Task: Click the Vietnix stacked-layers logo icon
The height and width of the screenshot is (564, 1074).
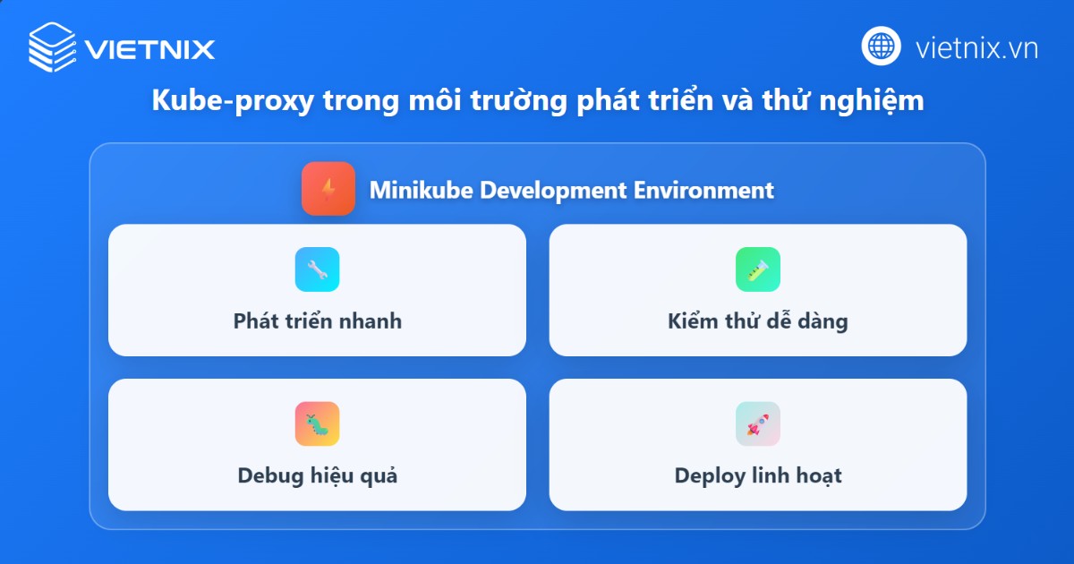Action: click(53, 47)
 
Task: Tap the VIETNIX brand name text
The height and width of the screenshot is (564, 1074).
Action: click(150, 48)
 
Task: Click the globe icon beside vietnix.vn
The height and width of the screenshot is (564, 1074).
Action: click(881, 46)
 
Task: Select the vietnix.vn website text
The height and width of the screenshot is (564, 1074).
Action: click(976, 47)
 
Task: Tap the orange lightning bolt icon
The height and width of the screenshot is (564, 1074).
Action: click(328, 189)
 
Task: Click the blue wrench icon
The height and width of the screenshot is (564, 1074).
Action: click(317, 269)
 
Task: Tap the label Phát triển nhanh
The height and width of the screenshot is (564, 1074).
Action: click(317, 320)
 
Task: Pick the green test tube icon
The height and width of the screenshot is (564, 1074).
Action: click(758, 269)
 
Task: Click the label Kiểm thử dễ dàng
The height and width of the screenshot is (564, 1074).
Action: click(757, 320)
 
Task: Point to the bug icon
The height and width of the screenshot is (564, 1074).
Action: click(317, 423)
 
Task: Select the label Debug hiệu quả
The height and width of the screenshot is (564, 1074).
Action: click(317, 475)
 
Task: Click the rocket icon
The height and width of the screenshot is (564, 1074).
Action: click(758, 423)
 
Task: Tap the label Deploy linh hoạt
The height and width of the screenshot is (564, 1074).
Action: click(757, 475)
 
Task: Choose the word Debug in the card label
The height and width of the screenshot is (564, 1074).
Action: click(268, 475)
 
